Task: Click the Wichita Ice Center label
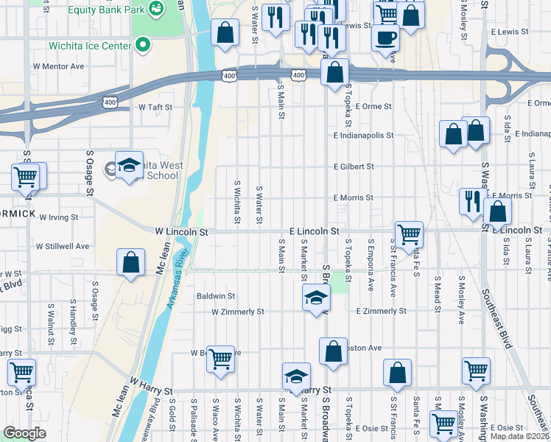click(x=90, y=46)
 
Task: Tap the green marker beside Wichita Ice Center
click(x=144, y=45)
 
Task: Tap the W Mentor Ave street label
click(x=58, y=66)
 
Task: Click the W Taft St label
click(x=155, y=107)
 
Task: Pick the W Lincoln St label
click(x=182, y=231)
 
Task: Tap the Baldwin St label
click(x=215, y=296)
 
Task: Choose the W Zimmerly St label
click(x=237, y=312)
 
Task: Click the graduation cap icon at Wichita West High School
click(x=129, y=164)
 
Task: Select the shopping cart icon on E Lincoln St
click(x=408, y=234)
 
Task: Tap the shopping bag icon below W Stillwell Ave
click(x=130, y=262)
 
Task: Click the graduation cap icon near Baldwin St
click(x=315, y=297)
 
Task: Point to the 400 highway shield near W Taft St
click(x=110, y=102)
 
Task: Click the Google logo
click(x=24, y=433)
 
